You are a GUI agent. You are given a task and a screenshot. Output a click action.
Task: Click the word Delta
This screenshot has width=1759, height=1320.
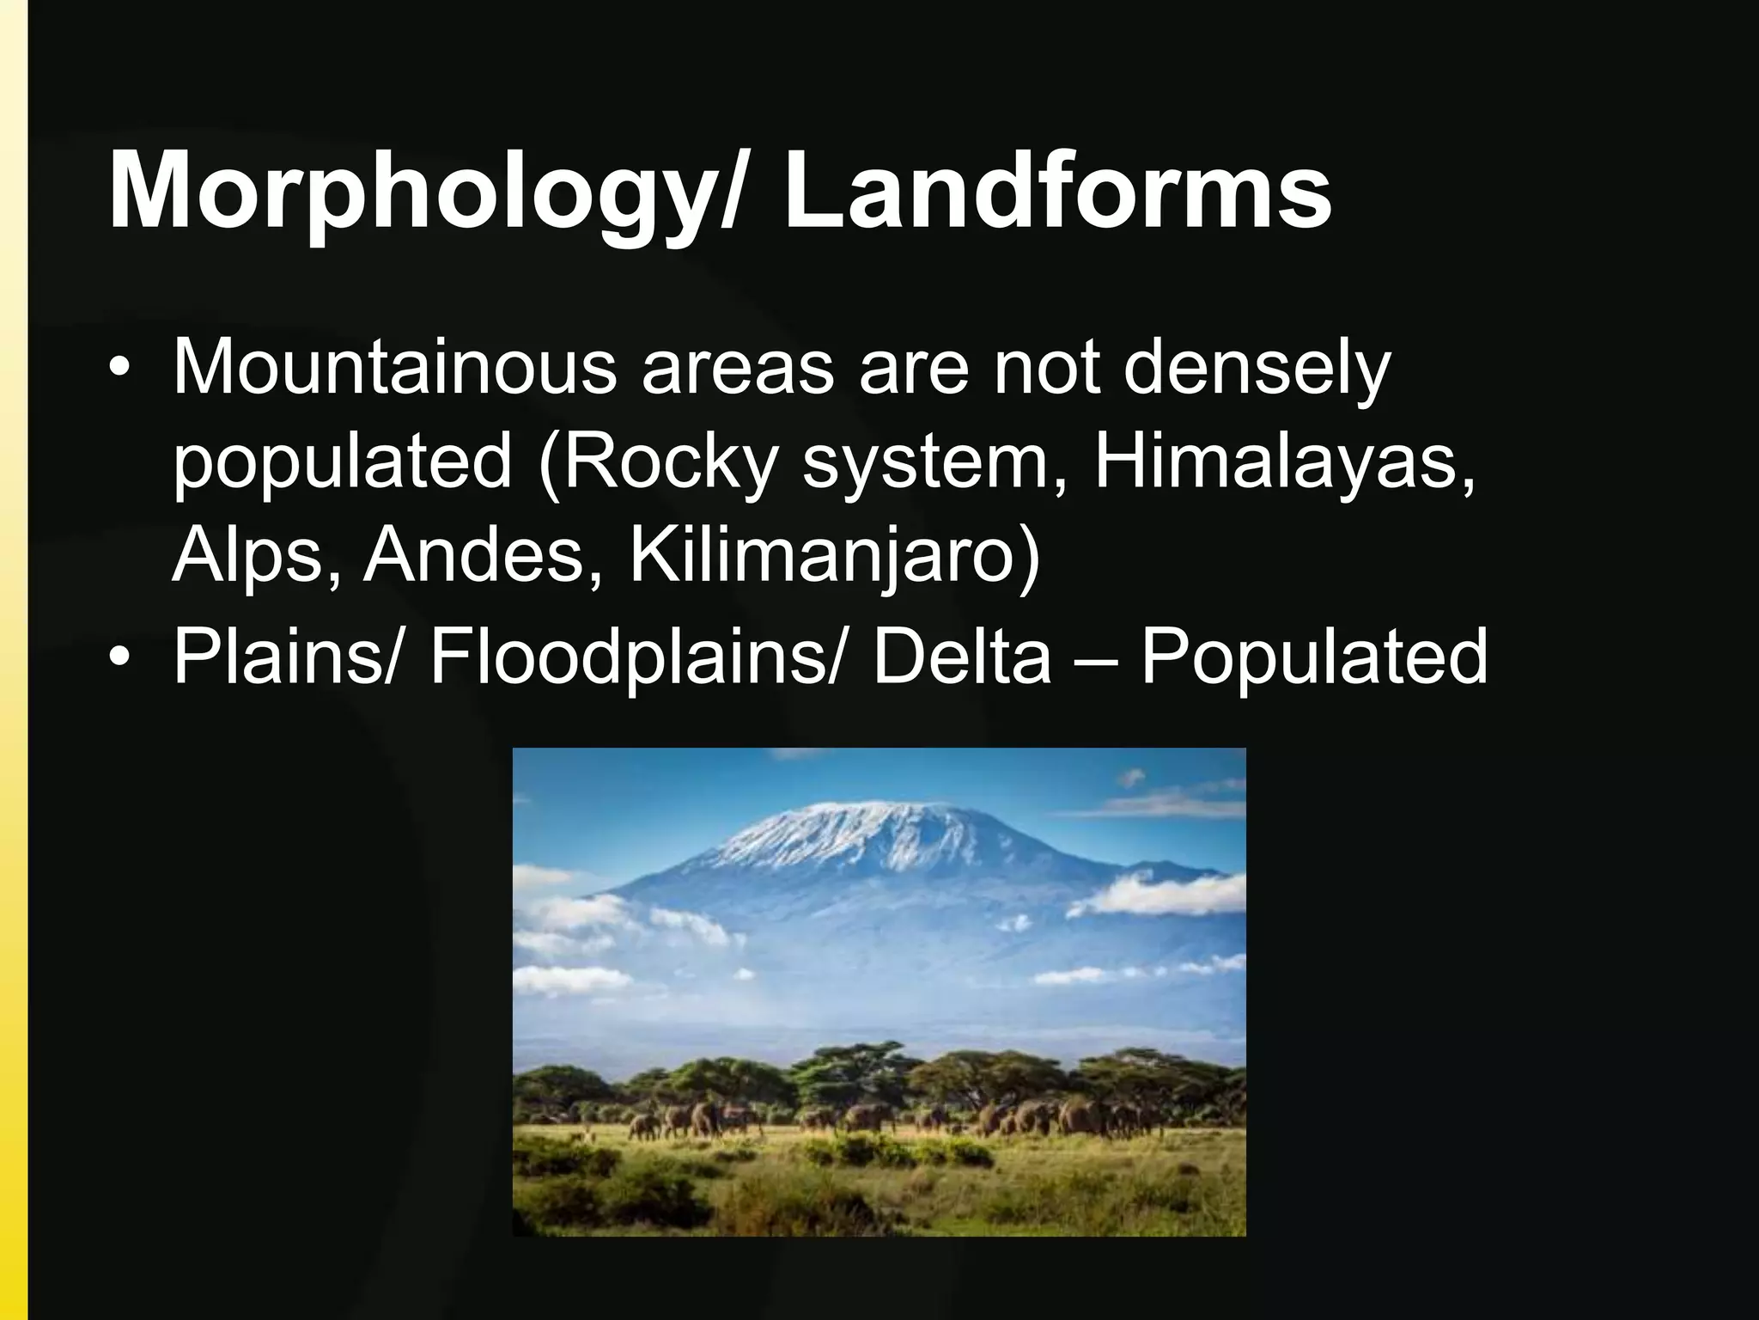(x=961, y=656)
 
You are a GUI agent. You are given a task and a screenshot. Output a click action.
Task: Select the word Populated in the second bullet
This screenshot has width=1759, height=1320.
(x=1313, y=656)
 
